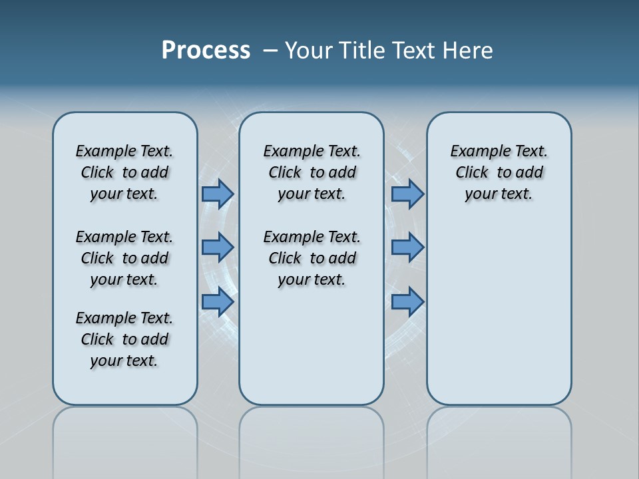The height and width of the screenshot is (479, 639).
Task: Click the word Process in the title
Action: [206, 51]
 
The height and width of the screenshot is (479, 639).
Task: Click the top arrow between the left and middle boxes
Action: [218, 194]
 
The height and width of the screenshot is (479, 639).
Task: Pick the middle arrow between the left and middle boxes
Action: [218, 247]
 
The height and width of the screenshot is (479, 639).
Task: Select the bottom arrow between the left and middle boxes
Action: [218, 301]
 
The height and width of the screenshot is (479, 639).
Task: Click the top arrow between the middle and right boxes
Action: [407, 194]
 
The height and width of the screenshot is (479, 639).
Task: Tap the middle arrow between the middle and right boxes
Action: [407, 247]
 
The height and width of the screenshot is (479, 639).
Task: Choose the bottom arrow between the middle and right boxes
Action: [407, 301]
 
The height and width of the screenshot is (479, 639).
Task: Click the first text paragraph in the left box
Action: [124, 172]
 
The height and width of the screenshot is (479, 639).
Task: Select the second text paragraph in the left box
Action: [124, 258]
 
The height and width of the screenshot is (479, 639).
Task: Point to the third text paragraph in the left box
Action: [124, 339]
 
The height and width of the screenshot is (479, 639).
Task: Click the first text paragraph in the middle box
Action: [312, 172]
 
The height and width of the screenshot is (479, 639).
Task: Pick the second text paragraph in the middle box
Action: [312, 258]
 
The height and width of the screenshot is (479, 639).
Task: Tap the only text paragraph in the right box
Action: [499, 172]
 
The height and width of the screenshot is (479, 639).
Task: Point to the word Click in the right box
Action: [472, 173]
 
